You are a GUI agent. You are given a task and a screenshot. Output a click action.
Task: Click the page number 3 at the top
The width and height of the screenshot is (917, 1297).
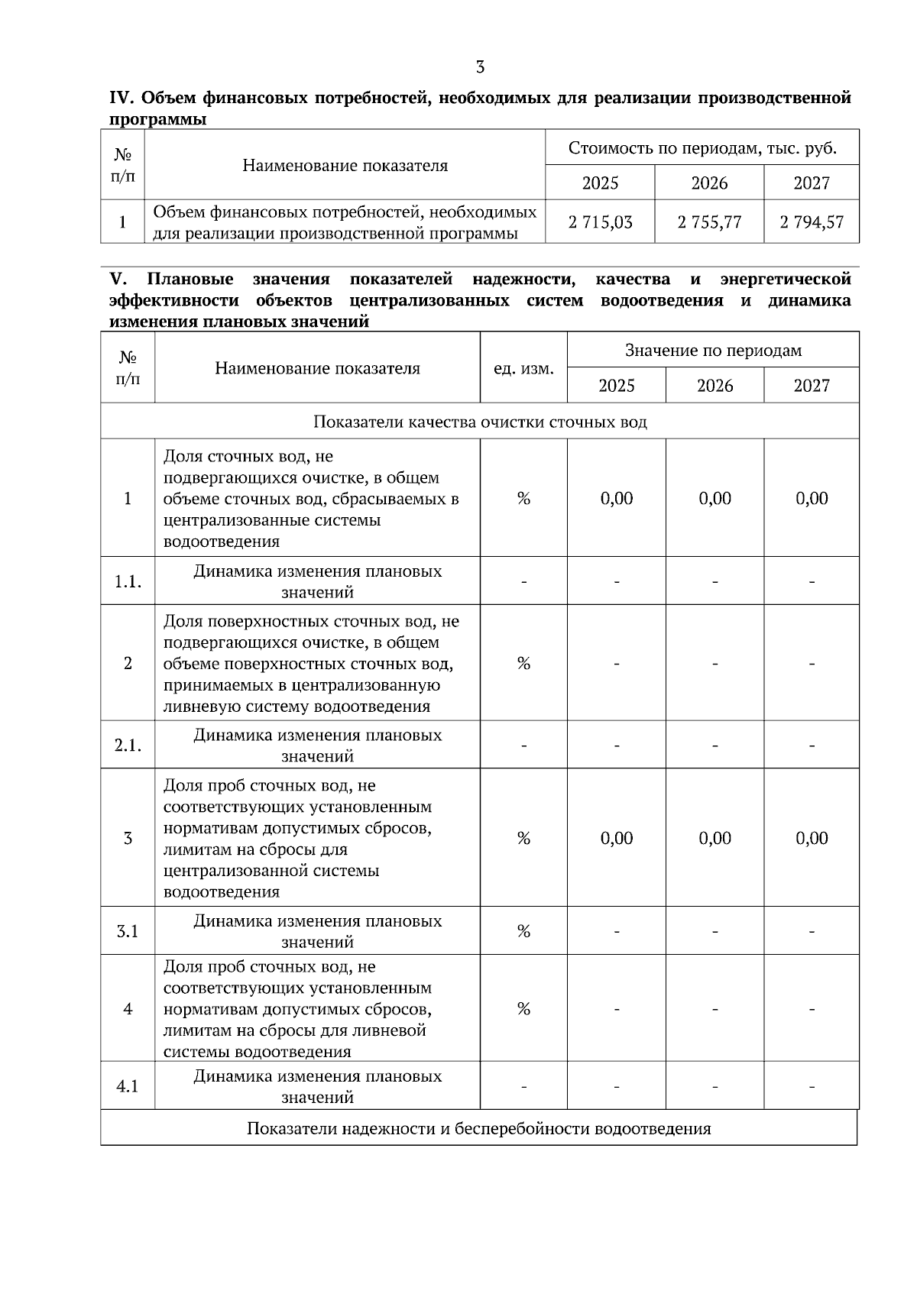tap(480, 67)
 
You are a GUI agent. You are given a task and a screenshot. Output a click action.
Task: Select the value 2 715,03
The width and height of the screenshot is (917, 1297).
tap(600, 222)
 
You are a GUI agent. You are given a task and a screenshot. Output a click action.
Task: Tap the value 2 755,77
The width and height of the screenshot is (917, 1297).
tap(709, 222)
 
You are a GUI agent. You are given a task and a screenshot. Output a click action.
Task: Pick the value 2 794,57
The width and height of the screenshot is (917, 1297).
tap(812, 222)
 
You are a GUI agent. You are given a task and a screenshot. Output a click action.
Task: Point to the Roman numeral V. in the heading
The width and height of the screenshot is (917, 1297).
tap(118, 280)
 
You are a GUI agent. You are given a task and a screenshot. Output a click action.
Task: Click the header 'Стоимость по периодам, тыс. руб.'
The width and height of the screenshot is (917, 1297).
tap(702, 148)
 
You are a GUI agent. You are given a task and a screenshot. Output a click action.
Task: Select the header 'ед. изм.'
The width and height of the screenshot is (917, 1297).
tap(523, 368)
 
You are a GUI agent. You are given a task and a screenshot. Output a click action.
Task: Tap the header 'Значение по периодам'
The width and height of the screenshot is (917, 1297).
tap(713, 351)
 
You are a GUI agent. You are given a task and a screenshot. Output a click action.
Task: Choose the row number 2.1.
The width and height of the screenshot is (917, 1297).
tap(128, 746)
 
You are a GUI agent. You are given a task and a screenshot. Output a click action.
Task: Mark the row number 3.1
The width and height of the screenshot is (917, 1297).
tap(128, 931)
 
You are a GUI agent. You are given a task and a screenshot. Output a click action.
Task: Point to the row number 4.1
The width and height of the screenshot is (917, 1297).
tap(128, 1086)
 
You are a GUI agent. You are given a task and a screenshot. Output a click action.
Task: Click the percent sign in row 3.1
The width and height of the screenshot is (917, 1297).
tap(523, 931)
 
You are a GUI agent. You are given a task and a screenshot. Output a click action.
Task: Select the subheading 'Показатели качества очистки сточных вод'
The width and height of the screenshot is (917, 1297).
tap(480, 422)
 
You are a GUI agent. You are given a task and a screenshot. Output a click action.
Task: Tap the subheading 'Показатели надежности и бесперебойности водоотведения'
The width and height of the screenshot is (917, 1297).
tap(478, 1128)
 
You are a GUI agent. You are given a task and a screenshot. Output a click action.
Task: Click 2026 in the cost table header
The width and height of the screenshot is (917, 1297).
tap(709, 183)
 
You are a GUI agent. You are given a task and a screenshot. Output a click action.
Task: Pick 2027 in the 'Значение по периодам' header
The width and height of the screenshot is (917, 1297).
tap(812, 386)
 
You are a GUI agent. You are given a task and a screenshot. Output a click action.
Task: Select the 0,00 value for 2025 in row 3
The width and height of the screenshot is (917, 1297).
tap(617, 838)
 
